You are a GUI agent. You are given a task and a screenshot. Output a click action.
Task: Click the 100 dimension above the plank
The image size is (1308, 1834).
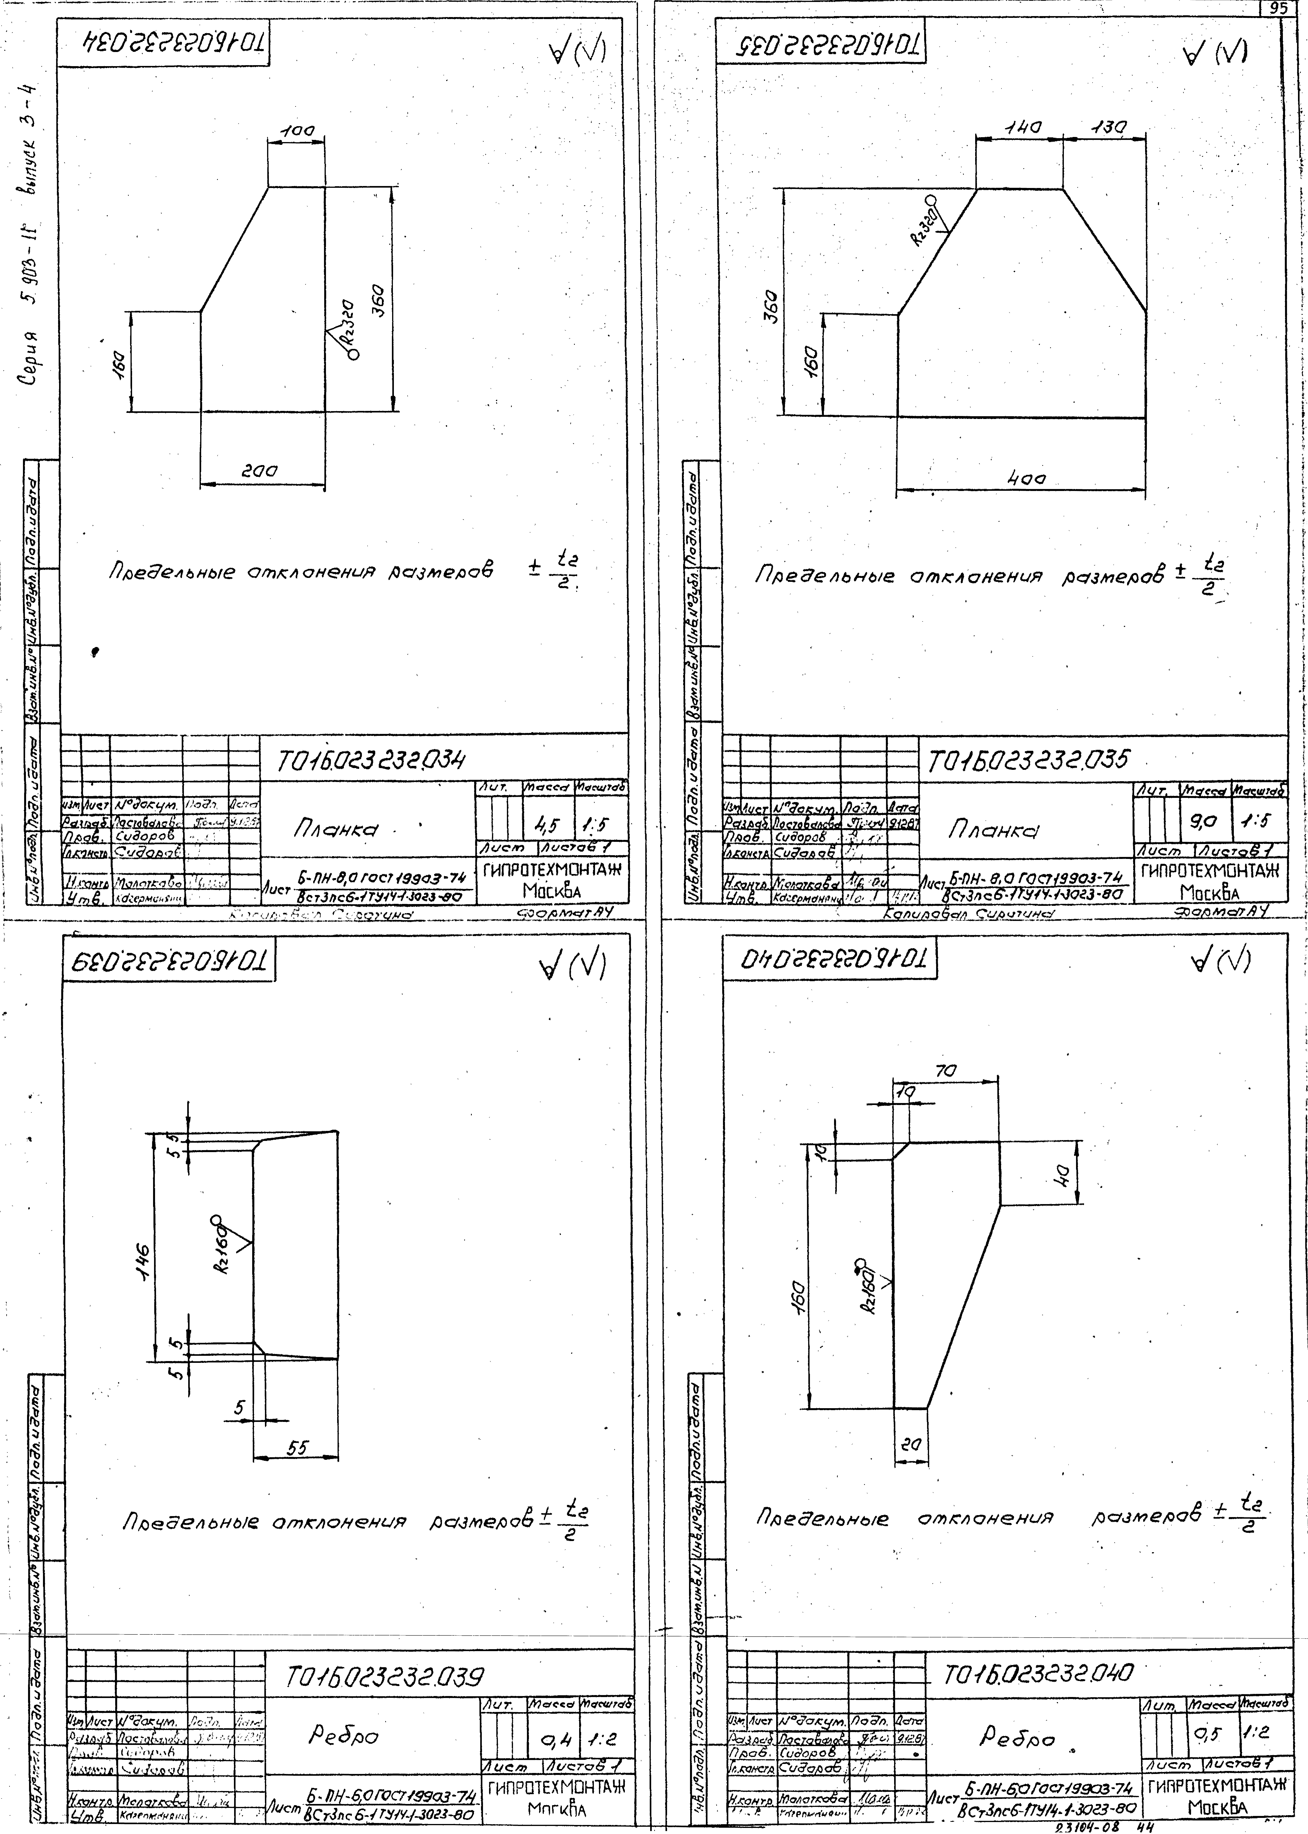click(x=296, y=130)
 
